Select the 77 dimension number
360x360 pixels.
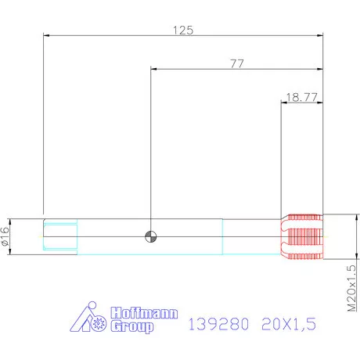(x=237, y=63)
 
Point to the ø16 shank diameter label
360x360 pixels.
(x=6, y=236)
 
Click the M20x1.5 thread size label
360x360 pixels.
(x=351, y=289)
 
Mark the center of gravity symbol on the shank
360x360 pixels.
(x=149, y=236)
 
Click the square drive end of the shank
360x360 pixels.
(x=59, y=236)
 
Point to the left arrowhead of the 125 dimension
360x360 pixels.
(x=46, y=35)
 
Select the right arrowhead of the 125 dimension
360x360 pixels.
(x=320, y=35)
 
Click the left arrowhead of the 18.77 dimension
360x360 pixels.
(x=283, y=103)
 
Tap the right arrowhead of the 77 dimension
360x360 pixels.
(x=320, y=69)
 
